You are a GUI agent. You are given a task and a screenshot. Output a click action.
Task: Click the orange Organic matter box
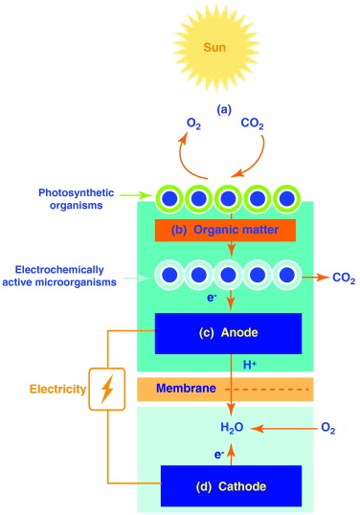tap(224, 230)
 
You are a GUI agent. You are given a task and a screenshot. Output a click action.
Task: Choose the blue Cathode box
tap(231, 485)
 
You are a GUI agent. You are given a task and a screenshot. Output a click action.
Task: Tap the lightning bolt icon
tap(107, 390)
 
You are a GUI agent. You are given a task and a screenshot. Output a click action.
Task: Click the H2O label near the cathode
tap(233, 428)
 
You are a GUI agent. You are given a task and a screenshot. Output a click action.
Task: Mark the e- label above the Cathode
tap(220, 453)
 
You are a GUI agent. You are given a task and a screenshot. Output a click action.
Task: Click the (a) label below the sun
tap(224, 108)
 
